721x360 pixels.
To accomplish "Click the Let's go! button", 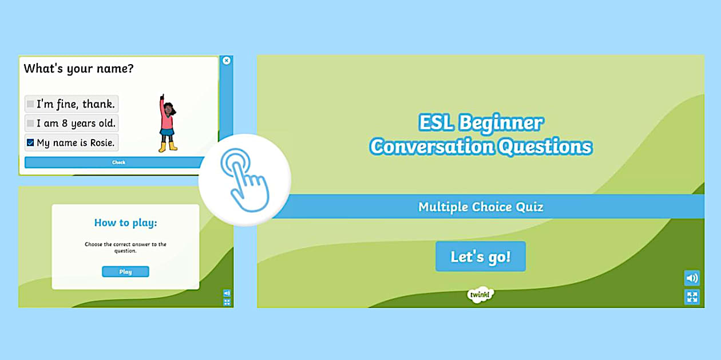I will (x=480, y=256).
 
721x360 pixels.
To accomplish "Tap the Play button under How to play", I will (x=125, y=272).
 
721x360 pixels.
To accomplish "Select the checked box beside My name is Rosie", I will (x=30, y=143).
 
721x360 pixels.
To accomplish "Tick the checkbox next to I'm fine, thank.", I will (x=30, y=104).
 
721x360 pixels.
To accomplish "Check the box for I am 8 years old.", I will (x=30, y=124).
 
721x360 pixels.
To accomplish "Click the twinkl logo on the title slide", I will (x=480, y=294).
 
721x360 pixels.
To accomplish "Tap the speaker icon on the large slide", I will (x=692, y=278).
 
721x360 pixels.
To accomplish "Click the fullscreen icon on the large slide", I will (x=692, y=296).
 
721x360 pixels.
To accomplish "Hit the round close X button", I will (x=226, y=60).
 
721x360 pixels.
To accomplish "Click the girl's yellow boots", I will (x=167, y=147).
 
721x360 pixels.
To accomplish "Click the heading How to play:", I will (x=125, y=223).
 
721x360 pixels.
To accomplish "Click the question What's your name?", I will (x=78, y=69).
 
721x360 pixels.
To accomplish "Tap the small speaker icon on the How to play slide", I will (x=227, y=293).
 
